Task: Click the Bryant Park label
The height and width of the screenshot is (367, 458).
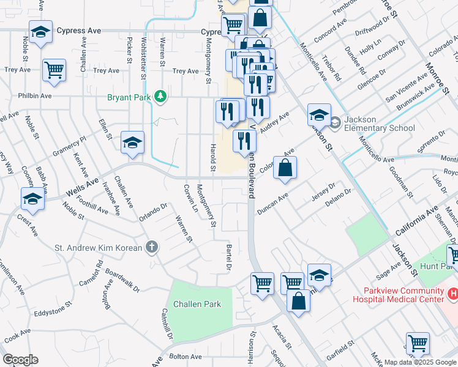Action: [129, 96]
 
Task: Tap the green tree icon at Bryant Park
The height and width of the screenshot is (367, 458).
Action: [160, 96]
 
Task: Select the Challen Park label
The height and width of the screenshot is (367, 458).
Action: [197, 304]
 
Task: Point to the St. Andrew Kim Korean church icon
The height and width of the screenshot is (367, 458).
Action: [152, 248]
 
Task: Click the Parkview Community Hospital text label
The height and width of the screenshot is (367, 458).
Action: [397, 295]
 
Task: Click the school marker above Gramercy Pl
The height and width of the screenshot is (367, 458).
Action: [132, 143]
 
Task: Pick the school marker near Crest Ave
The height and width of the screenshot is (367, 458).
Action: [32, 199]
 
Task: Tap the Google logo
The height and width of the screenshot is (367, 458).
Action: [20, 360]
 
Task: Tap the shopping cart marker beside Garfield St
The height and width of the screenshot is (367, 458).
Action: [418, 343]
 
